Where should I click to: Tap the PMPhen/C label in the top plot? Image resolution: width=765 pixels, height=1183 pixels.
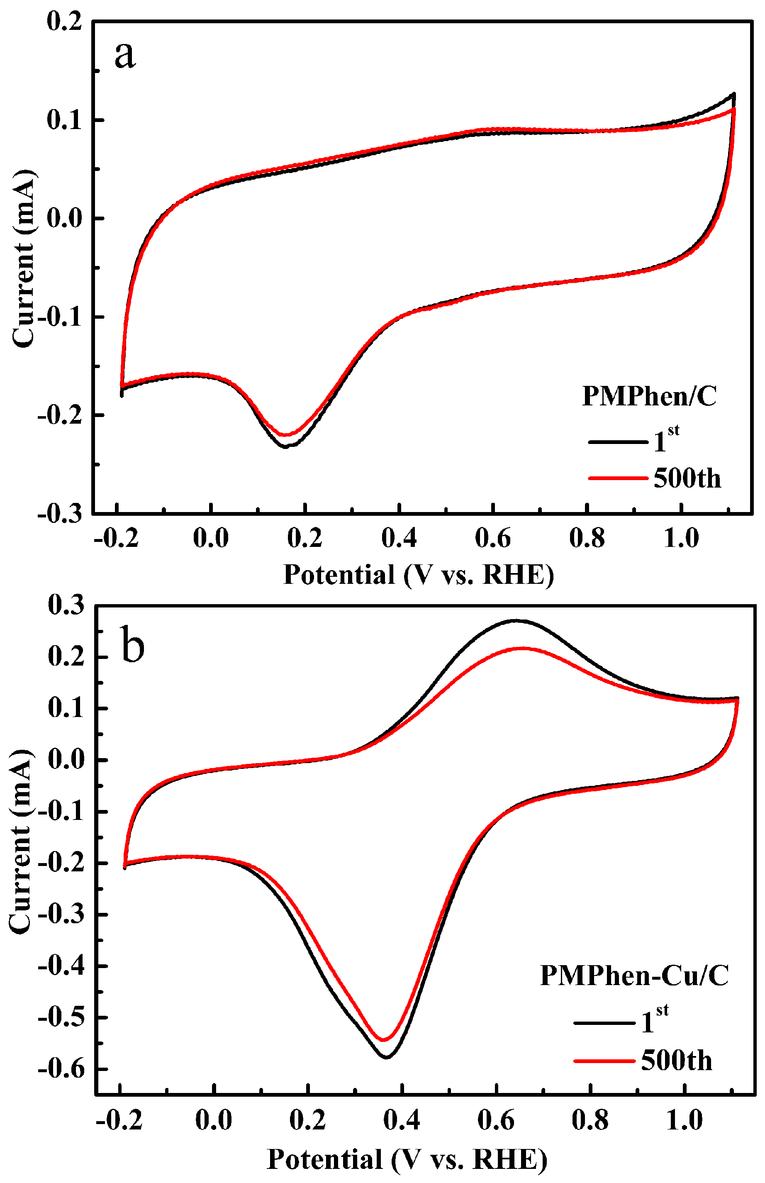tap(649, 397)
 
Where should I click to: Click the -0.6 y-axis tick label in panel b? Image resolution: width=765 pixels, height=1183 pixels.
tap(60, 1069)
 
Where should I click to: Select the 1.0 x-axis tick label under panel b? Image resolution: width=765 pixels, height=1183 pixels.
tap(684, 1120)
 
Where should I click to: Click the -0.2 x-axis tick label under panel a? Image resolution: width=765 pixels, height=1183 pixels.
tap(116, 538)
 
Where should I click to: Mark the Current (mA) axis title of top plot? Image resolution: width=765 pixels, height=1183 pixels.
tap(23, 259)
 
